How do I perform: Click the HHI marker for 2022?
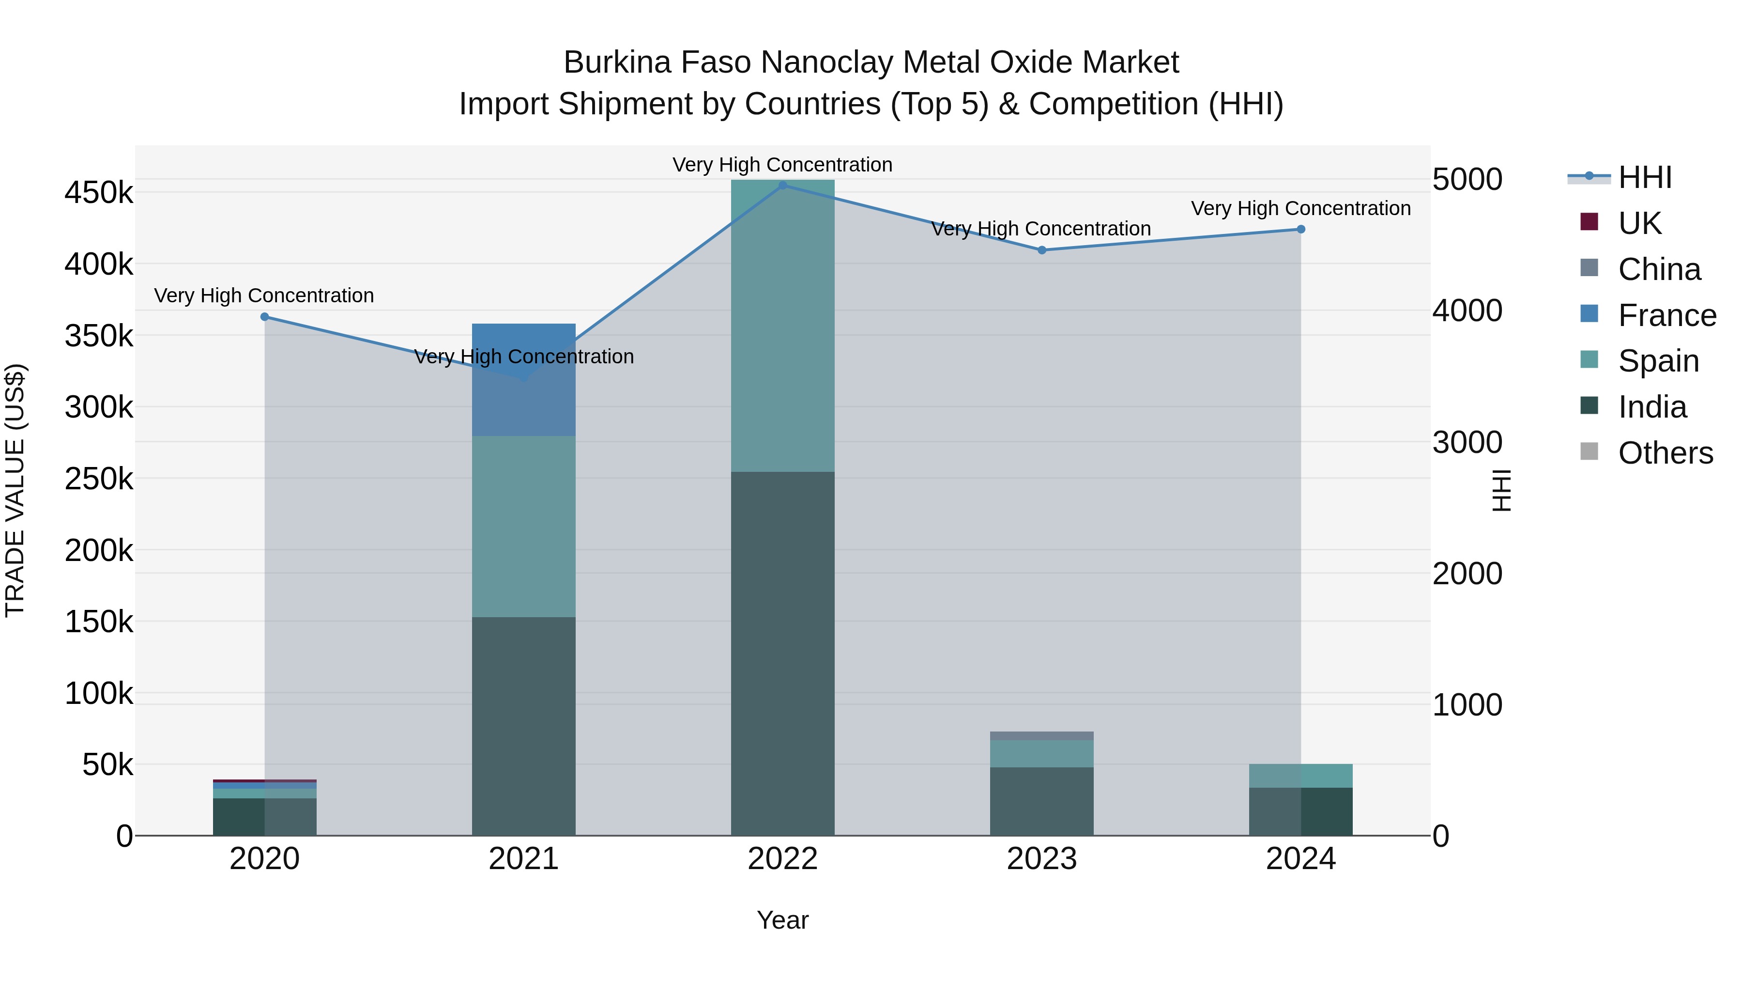pos(783,185)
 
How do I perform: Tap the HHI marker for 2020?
pos(264,317)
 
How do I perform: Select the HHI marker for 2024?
pos(1300,230)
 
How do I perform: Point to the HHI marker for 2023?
pos(1042,250)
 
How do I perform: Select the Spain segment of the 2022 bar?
pos(783,325)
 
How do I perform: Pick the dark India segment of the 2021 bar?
pos(524,724)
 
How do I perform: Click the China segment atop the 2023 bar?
pos(1042,736)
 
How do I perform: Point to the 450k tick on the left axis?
pos(99,193)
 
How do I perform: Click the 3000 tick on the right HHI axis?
pos(1467,442)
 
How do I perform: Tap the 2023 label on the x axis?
pos(1042,859)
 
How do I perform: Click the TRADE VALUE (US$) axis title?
pos(15,490)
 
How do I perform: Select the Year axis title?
pos(783,920)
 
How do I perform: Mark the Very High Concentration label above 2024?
pos(1300,208)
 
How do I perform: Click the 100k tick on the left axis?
pos(99,694)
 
